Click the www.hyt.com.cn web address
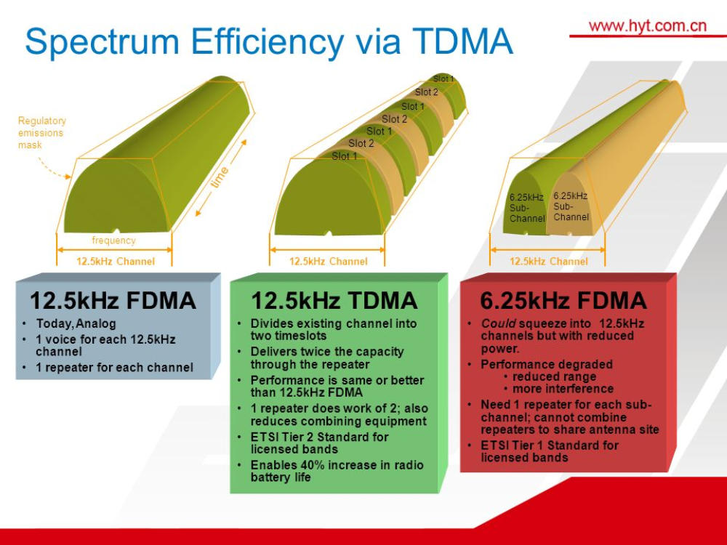[647, 25]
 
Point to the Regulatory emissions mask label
[42, 132]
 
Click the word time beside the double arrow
[220, 177]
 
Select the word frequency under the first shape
[113, 240]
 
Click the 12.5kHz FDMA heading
[113, 300]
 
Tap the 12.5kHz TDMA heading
[334, 300]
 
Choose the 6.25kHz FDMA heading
[563, 300]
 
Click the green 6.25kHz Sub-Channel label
[527, 208]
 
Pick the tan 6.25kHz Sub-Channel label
[571, 206]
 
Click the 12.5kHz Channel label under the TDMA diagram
[329, 262]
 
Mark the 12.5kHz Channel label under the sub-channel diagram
[548, 262]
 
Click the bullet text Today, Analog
[76, 323]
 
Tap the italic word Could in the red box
[499, 323]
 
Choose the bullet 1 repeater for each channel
[115, 368]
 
